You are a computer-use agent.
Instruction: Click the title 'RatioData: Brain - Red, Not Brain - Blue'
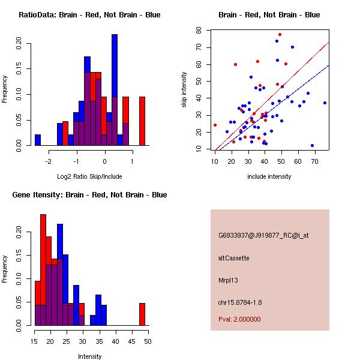(89, 14)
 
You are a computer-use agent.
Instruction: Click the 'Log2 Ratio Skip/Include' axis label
(89, 176)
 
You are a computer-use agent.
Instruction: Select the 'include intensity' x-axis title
(269, 176)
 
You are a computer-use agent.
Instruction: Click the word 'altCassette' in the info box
(233, 258)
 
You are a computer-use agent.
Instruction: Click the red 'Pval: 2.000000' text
(239, 319)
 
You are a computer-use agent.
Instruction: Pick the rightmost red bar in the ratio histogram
(142, 120)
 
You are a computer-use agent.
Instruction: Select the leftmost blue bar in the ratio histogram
(38, 140)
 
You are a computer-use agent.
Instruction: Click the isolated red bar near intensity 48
(142, 314)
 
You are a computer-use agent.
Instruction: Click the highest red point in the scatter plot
(280, 35)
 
